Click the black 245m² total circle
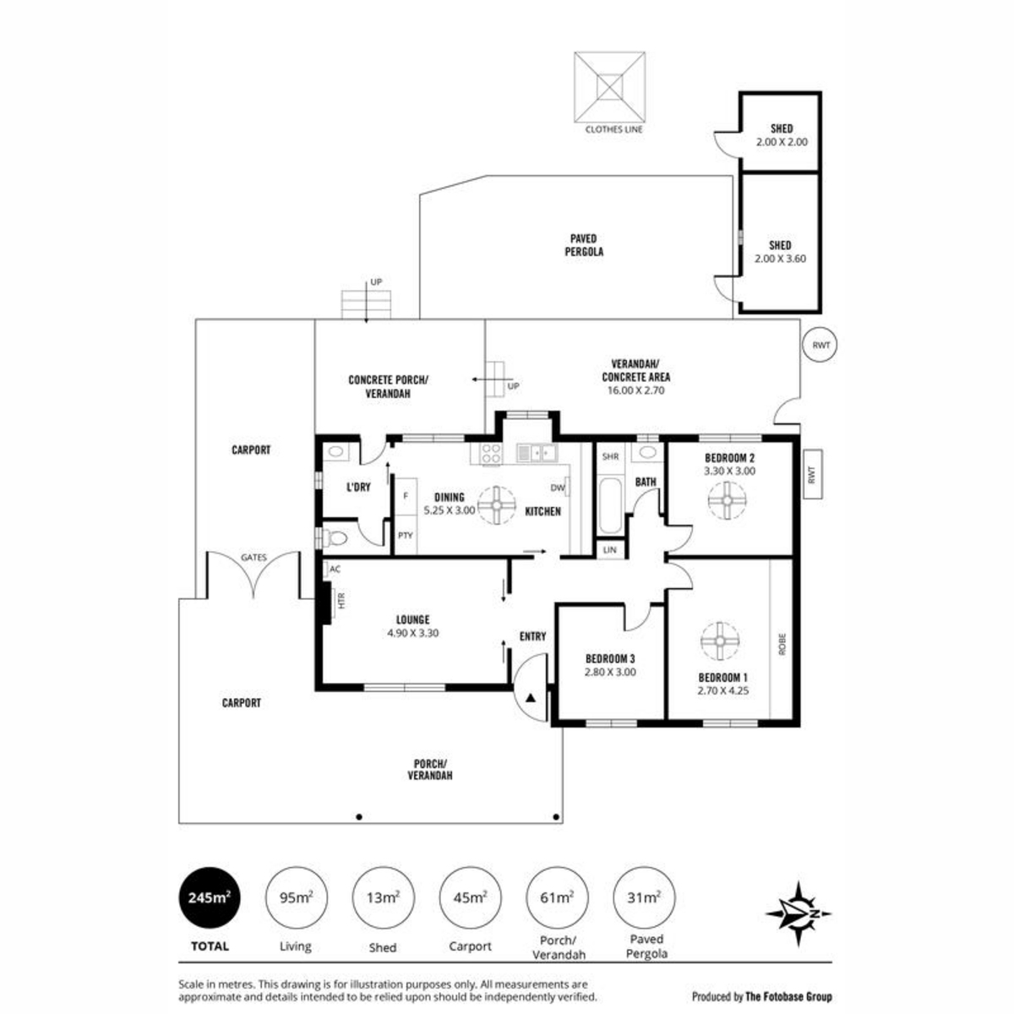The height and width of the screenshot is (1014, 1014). [x=210, y=897]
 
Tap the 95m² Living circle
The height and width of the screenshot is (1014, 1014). [x=297, y=897]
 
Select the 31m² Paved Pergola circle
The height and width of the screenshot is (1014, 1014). [x=644, y=897]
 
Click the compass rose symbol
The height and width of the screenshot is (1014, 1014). [x=799, y=913]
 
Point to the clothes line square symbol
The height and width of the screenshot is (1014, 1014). [x=609, y=87]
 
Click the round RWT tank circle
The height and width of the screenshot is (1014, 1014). [x=820, y=346]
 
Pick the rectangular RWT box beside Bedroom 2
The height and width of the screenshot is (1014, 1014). [x=812, y=474]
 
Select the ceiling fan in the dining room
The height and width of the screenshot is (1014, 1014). [x=497, y=505]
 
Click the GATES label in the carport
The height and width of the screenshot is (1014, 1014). [x=253, y=557]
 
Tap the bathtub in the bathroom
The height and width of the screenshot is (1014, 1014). [x=610, y=505]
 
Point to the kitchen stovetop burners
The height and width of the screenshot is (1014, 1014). [x=491, y=453]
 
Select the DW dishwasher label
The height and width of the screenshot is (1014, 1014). [x=557, y=488]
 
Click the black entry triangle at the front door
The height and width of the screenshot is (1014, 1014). [x=531, y=698]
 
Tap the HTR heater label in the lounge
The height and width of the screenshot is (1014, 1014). [x=341, y=601]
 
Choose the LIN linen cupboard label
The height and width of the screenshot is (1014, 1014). [x=609, y=550]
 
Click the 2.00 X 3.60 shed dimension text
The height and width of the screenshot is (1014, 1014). [x=780, y=259]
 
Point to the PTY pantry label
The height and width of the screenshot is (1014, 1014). [x=406, y=536]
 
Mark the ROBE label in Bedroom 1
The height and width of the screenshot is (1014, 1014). [x=782, y=644]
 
